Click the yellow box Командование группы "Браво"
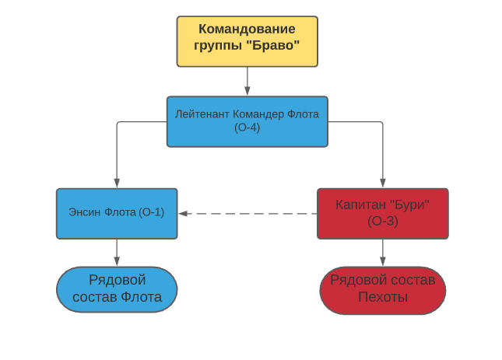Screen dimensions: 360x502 247,40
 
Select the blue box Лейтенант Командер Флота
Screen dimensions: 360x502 247,121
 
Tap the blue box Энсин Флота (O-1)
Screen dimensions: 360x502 117,213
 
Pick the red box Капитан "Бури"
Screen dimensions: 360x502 382,213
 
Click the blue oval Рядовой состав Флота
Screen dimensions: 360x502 117,289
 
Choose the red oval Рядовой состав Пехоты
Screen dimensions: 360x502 382,289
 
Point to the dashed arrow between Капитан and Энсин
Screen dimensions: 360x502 247,213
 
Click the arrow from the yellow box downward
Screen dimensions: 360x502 247,81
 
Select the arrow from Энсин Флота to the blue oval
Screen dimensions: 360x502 117,252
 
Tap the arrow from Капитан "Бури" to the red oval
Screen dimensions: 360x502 382,252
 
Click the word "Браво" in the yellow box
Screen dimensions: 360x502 277,46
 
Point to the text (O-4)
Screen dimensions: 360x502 247,128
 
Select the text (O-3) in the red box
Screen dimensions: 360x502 382,221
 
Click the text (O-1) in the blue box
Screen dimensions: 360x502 151,212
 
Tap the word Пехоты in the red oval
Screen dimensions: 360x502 382,297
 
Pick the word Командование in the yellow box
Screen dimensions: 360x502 247,30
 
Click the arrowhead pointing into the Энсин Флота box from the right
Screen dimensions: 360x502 183,213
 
